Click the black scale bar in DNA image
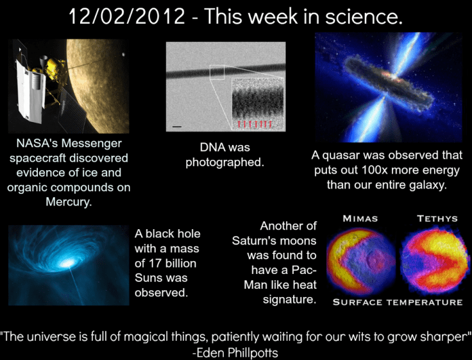177,126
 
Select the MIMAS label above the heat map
360,219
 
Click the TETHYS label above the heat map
437,219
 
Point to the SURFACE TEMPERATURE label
398,302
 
